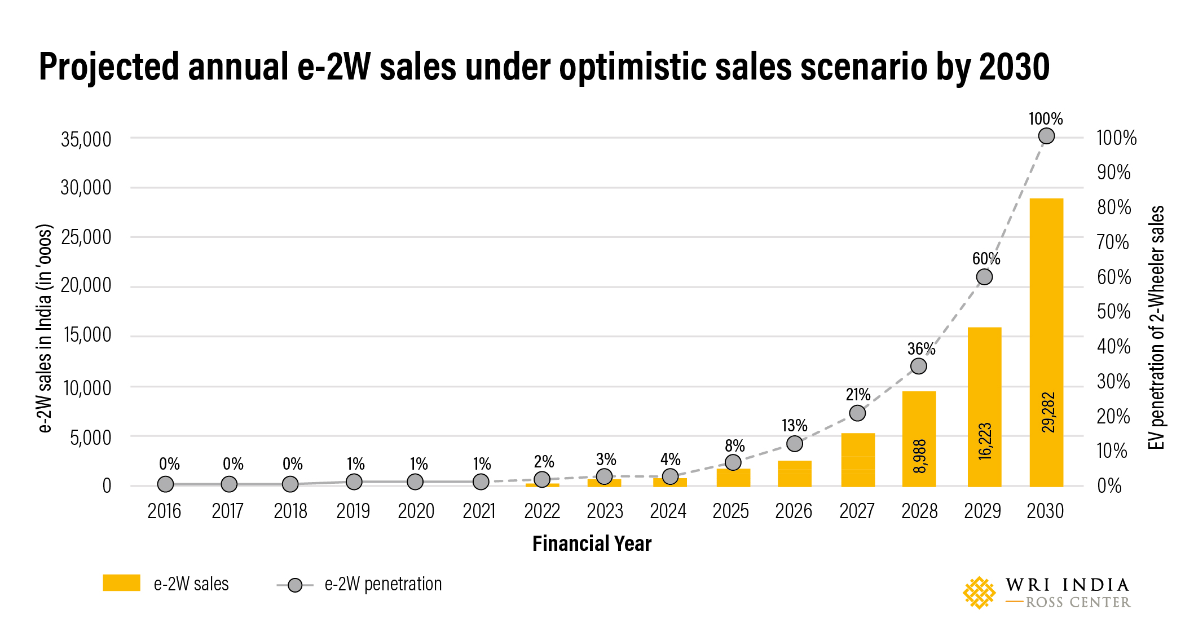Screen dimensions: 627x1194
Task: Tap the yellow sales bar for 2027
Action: [857, 460]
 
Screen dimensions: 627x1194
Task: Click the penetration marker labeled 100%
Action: [1046, 136]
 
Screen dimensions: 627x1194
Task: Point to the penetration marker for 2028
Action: [918, 366]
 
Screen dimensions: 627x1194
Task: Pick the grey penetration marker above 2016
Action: [165, 484]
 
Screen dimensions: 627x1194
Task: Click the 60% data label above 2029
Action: [985, 259]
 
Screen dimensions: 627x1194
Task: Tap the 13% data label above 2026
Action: [794, 425]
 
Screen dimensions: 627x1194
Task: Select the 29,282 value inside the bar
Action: [1048, 412]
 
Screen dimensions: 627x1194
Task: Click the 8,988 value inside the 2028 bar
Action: [919, 456]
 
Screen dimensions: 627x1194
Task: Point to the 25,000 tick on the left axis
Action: [86, 237]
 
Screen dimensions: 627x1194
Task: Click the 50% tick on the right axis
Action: [1113, 312]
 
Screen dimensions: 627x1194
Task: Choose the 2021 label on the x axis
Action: [479, 511]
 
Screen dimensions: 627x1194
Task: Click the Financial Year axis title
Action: [592, 544]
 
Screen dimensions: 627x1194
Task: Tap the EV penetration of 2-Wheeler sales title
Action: [1157, 327]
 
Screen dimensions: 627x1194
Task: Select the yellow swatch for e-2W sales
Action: [121, 583]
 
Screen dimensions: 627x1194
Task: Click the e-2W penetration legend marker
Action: [295, 585]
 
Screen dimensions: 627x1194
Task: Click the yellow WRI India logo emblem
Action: [979, 593]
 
